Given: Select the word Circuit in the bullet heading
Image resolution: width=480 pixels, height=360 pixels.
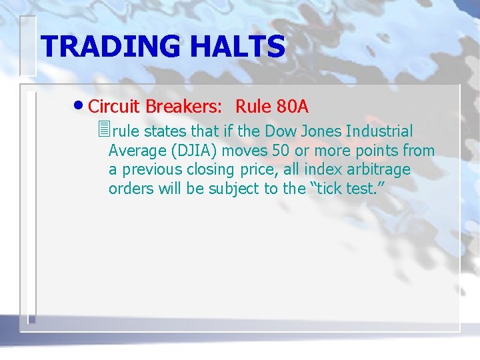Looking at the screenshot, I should click(x=114, y=106).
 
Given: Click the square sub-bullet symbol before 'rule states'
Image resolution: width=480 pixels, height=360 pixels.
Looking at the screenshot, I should click(x=102, y=130).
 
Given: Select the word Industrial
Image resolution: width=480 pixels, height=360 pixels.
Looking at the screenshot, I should click(x=379, y=132).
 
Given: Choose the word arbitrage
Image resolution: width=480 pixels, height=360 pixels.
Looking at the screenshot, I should click(x=378, y=170).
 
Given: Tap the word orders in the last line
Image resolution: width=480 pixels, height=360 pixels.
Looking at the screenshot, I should click(x=131, y=189).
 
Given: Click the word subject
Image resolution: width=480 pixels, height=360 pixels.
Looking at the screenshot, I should click(x=234, y=189).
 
